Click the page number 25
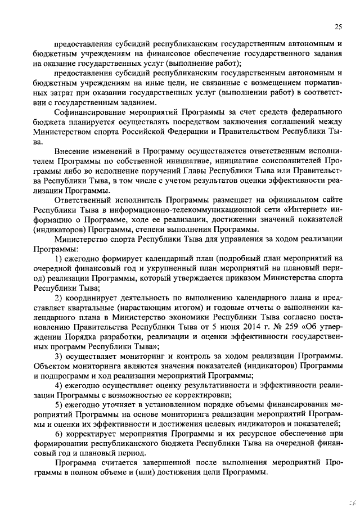coord(338,26)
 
